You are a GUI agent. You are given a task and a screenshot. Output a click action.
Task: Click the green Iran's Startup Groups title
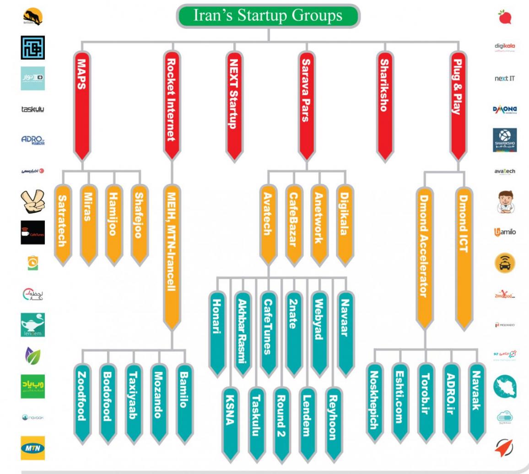click(x=268, y=16)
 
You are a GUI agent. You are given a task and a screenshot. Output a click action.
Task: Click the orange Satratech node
click(x=63, y=224)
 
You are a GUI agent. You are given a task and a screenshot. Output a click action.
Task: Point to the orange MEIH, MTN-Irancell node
click(x=172, y=256)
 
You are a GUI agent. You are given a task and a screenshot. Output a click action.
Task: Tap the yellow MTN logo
click(x=32, y=448)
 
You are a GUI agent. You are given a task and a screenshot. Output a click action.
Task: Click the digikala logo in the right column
click(x=505, y=47)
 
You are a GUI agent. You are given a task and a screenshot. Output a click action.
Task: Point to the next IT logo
click(x=505, y=78)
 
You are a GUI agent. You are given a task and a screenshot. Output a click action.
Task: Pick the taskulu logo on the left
click(x=32, y=109)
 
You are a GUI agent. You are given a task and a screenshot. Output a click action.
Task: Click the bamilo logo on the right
click(x=505, y=232)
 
